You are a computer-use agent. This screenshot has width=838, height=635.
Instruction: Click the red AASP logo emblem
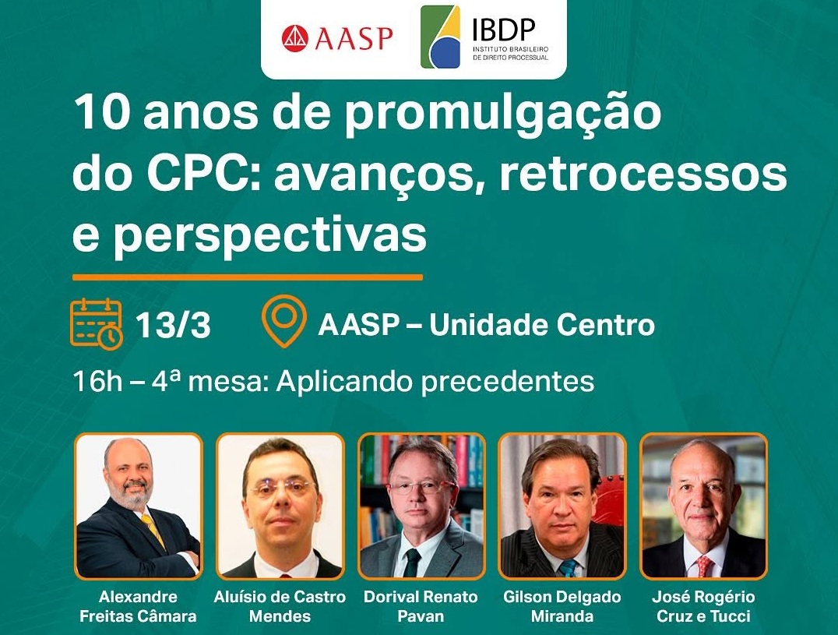[x=295, y=38]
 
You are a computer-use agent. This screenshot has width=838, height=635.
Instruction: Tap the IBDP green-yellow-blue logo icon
[x=440, y=37]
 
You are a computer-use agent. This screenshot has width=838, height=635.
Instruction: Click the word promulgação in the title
[x=502, y=115]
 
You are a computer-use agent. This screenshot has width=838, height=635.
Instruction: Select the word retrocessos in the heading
[x=643, y=175]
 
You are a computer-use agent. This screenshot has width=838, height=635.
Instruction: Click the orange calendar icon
[x=97, y=324]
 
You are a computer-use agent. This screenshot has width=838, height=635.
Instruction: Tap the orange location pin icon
[x=283, y=321]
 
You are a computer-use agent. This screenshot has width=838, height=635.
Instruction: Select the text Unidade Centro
[x=542, y=325]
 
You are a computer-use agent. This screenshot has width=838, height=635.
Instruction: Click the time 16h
[x=98, y=382]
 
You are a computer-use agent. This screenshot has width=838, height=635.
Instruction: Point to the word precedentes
[x=508, y=383]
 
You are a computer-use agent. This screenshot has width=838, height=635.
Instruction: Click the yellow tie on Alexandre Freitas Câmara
[x=154, y=532]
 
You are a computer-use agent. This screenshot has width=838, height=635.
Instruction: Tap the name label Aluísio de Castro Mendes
[x=280, y=606]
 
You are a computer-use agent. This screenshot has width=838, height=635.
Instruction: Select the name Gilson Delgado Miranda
[x=562, y=606]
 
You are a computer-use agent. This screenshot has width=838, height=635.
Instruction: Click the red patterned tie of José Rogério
[x=704, y=566]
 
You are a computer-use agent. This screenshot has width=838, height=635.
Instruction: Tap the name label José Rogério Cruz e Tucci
[x=703, y=606]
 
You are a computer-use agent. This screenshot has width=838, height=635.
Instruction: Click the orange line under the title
[x=248, y=277]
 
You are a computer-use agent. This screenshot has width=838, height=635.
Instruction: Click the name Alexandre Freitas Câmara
[x=138, y=606]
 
